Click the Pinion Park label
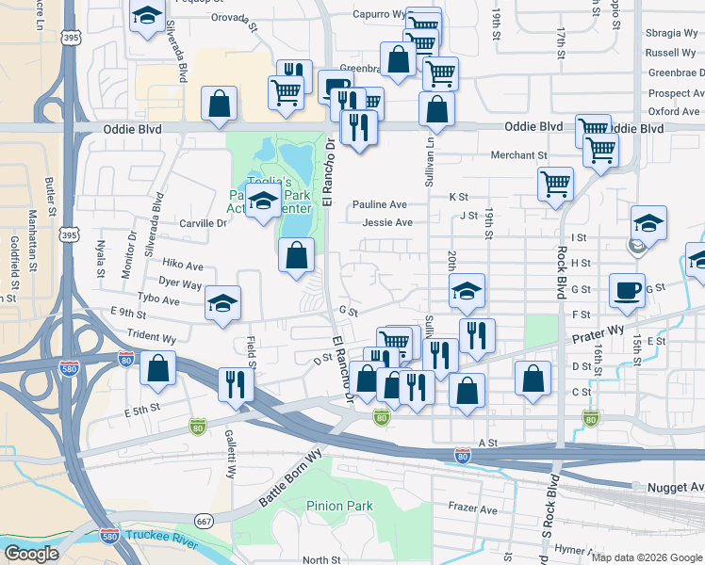coord(339,506)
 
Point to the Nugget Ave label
coord(675,487)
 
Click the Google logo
coord(32,553)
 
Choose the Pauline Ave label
coord(380,204)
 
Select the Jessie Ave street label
coord(387,223)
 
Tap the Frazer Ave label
coord(472,509)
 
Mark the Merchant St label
coord(518,155)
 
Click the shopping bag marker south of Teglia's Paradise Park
coord(297,254)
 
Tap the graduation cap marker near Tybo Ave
coord(222,302)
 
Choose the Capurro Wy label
coord(379,14)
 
